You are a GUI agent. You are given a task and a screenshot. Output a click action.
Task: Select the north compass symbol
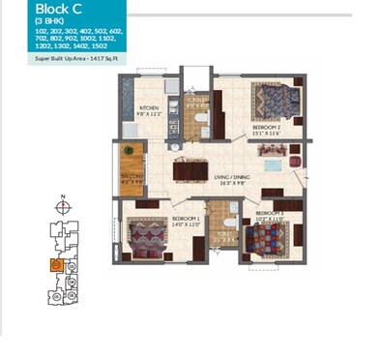pyautogui.click(x=62, y=205)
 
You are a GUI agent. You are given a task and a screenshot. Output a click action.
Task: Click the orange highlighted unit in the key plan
pyautogui.click(x=57, y=265)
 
